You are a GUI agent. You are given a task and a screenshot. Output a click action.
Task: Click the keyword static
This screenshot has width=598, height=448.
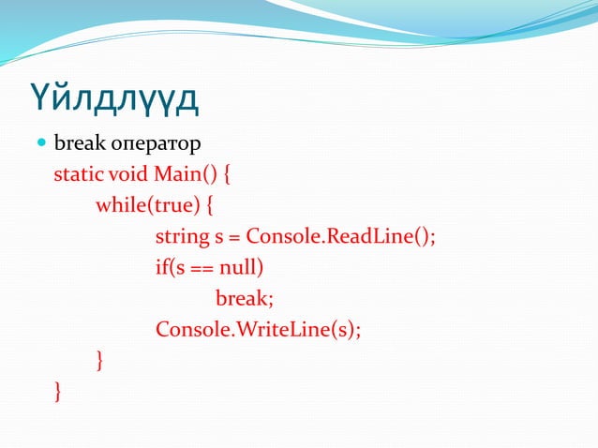(x=79, y=175)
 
